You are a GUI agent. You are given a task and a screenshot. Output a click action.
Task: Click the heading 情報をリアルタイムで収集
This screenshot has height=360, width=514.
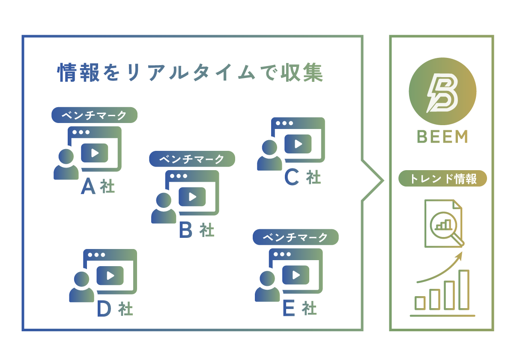190,73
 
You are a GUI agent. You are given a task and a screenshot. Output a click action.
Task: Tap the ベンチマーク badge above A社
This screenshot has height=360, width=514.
94,115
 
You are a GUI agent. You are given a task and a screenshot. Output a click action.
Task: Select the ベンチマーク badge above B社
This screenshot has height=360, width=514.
192,159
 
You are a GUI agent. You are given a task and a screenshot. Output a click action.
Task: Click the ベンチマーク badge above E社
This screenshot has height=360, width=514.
296,237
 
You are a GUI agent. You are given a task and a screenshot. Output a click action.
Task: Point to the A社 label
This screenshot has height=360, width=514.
98,186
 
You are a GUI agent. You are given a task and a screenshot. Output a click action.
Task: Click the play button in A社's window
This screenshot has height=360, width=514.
95,153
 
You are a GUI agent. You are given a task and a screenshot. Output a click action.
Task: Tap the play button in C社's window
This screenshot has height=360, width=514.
298,144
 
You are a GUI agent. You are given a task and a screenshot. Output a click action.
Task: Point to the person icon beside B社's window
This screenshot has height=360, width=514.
164,208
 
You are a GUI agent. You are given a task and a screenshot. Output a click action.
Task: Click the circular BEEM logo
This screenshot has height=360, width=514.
442,91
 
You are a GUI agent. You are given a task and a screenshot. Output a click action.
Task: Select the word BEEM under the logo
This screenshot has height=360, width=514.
442,137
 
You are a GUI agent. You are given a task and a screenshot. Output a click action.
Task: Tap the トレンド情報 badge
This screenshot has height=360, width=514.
442,179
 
